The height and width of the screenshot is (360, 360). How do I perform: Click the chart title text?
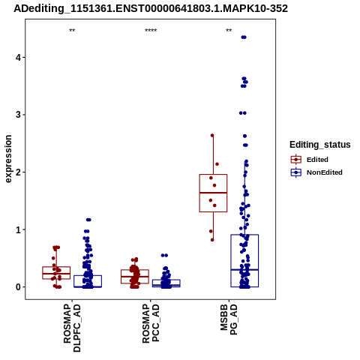coord(151,8)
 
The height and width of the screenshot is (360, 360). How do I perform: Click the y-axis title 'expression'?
coord(8,159)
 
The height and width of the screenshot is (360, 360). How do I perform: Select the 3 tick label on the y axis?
coord(17,115)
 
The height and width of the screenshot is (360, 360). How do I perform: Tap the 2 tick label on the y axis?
coord(17,172)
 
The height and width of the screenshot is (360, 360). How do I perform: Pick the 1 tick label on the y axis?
coord(17,229)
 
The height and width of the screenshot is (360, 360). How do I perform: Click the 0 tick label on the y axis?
coord(17,287)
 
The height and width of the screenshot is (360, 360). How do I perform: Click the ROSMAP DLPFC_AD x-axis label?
coord(72,328)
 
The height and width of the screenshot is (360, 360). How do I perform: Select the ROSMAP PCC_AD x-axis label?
coord(151,323)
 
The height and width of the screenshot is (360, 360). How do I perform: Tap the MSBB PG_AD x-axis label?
coord(229,319)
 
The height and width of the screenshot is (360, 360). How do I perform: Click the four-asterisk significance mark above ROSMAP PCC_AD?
coord(151,31)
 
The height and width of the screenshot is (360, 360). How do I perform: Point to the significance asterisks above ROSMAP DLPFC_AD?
coord(72,31)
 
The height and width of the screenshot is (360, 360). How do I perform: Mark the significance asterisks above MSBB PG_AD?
coord(229,31)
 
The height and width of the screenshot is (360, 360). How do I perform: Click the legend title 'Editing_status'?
coord(320,145)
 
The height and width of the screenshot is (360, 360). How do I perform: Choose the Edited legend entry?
coord(309,160)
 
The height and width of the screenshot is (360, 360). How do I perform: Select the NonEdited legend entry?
coord(316,172)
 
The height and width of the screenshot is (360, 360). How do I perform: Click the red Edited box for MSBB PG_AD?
coord(213,175)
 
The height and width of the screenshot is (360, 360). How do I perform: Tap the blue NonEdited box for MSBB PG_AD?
coord(244,235)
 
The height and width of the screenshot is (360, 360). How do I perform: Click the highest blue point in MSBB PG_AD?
coord(244,37)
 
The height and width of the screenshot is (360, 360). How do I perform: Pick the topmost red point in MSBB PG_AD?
coord(212,136)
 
